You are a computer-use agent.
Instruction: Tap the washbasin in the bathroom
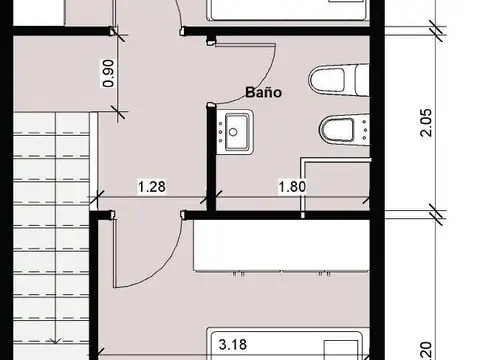coord(238,129)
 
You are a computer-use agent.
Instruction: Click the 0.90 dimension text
coord(108,76)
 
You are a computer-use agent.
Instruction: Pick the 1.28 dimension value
coord(151,186)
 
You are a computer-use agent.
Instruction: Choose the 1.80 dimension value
coord(291,186)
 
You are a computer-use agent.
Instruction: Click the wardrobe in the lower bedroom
coord(280,248)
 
